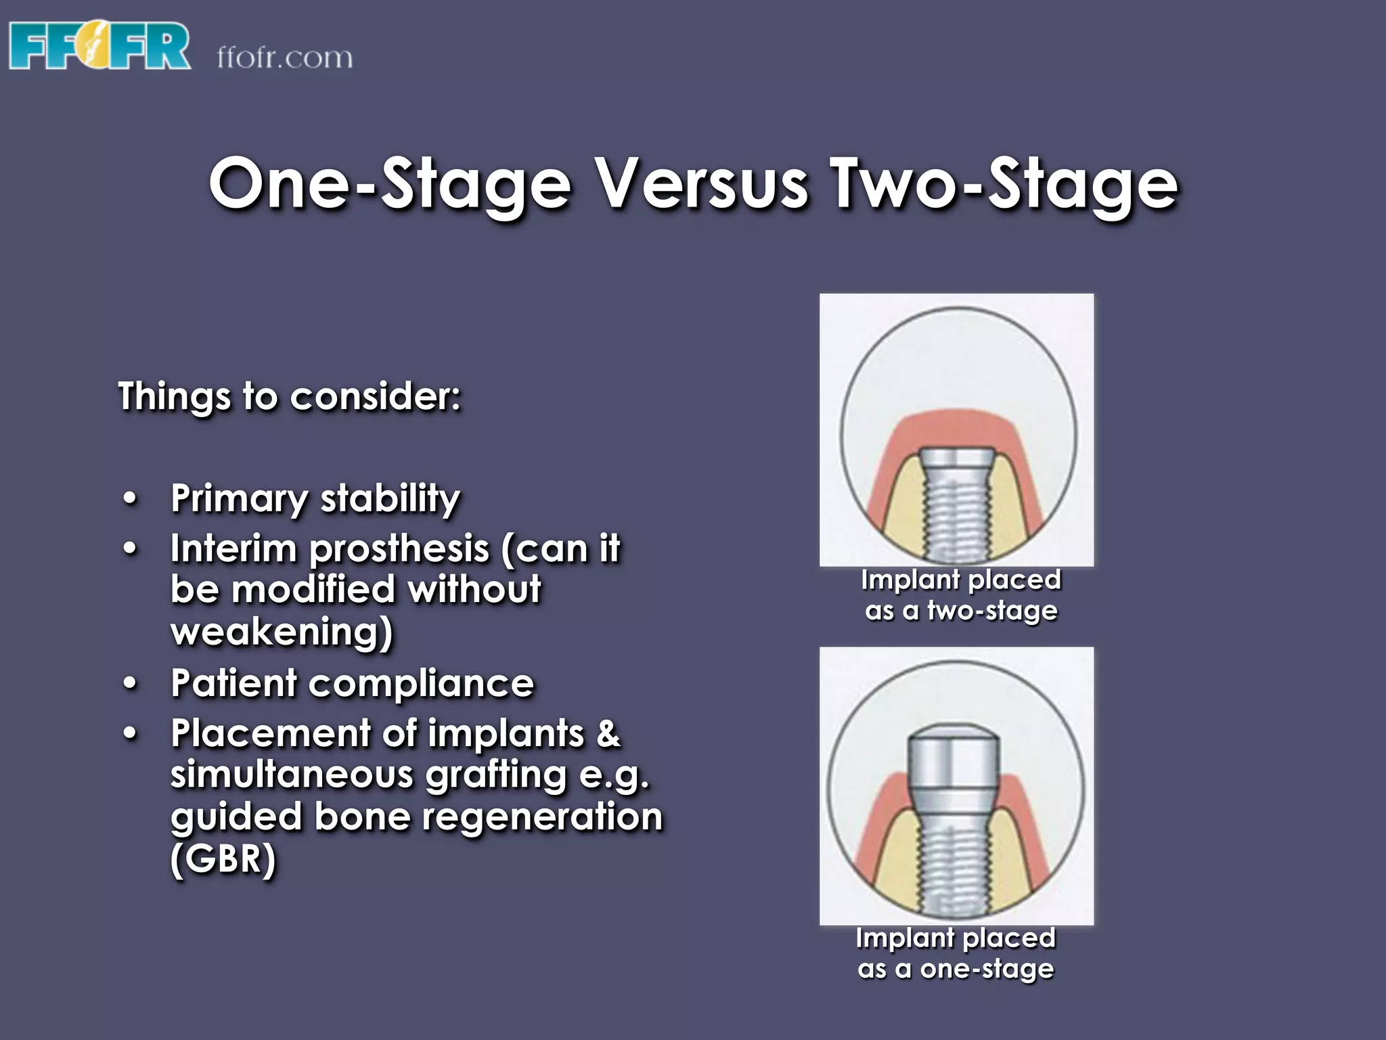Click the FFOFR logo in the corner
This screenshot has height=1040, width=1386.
pyautogui.click(x=99, y=45)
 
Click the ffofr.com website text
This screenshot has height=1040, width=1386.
pyautogui.click(x=285, y=58)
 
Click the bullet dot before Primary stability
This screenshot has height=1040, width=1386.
pyautogui.click(x=131, y=500)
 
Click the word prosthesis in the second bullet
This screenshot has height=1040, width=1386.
pyautogui.click(x=399, y=548)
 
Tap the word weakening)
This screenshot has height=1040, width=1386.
pyautogui.click(x=282, y=632)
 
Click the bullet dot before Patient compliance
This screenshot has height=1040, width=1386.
pyautogui.click(x=131, y=684)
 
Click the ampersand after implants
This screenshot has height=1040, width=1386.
pyautogui.click(x=608, y=734)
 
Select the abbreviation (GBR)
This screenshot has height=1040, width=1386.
pyautogui.click(x=223, y=859)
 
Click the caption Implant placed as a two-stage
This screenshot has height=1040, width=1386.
pyautogui.click(x=961, y=595)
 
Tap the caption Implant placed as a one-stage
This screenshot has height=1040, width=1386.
pyautogui.click(x=956, y=953)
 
